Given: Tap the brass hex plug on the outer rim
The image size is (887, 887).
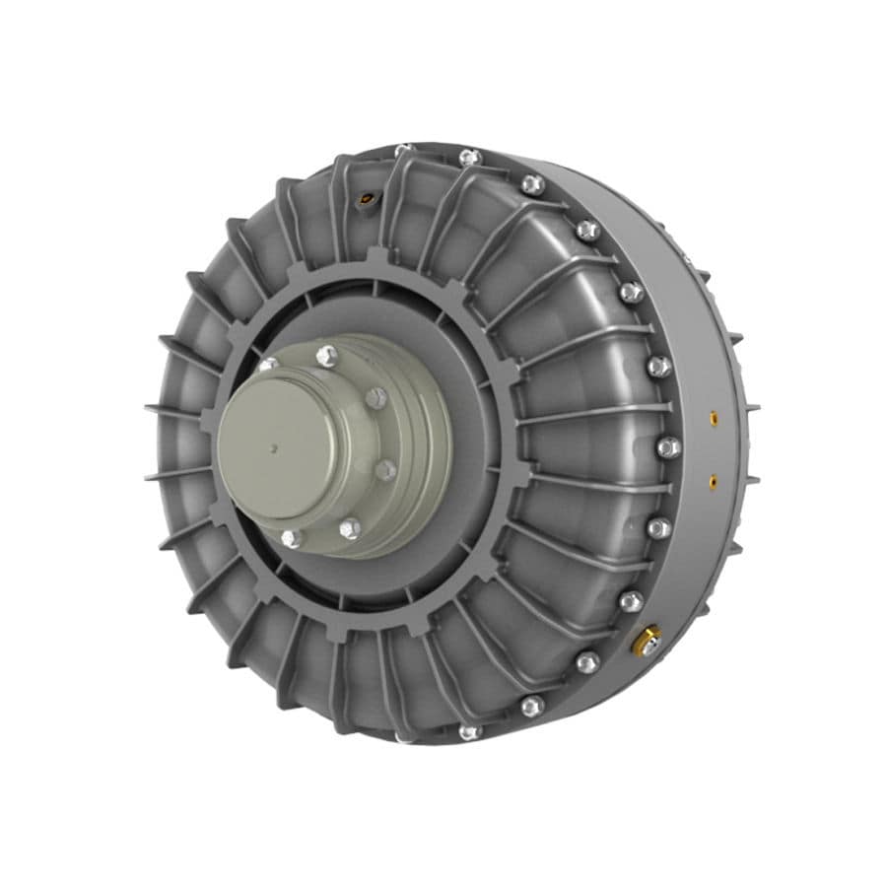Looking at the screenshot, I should click(x=646, y=643).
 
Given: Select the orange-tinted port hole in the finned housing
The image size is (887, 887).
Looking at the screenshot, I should click(x=368, y=197).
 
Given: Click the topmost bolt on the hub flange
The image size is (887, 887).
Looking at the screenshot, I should click(x=326, y=356).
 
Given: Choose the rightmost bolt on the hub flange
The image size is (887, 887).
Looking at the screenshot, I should click(x=386, y=470).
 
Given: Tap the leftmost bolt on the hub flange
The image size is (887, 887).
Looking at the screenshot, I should click(x=266, y=366).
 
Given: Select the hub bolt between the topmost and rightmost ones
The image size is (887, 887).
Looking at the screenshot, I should click(x=375, y=397).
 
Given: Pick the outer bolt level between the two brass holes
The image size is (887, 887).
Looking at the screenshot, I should click(x=668, y=446).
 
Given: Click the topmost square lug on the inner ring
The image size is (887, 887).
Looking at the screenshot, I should click(x=375, y=258).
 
